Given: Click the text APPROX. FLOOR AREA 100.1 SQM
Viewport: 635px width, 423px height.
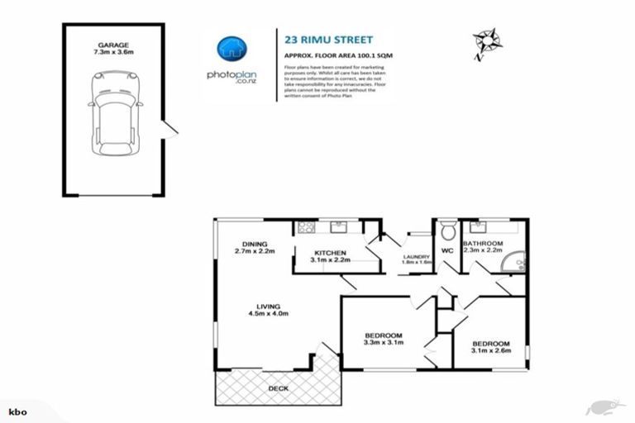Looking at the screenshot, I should (327, 55).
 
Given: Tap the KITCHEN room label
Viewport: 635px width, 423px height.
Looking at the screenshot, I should (330, 253).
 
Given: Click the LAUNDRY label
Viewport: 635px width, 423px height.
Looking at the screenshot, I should (416, 257).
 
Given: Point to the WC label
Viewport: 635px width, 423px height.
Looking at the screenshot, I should (447, 250).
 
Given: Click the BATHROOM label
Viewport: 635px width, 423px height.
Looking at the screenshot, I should (482, 244).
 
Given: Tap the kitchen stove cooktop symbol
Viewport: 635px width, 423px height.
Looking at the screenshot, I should (304, 226).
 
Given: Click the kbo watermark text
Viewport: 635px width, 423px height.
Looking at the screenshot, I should (15, 411).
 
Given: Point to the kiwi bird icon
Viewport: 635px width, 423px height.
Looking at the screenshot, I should (602, 406).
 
